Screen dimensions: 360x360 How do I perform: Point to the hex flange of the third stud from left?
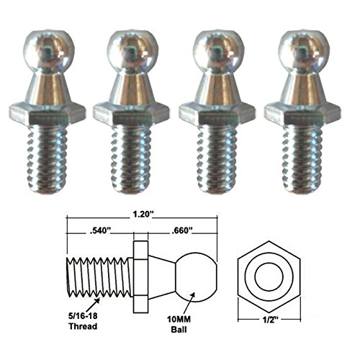217,112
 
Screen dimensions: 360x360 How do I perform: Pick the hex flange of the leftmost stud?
47,112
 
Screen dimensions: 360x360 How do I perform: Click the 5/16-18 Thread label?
77,318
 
